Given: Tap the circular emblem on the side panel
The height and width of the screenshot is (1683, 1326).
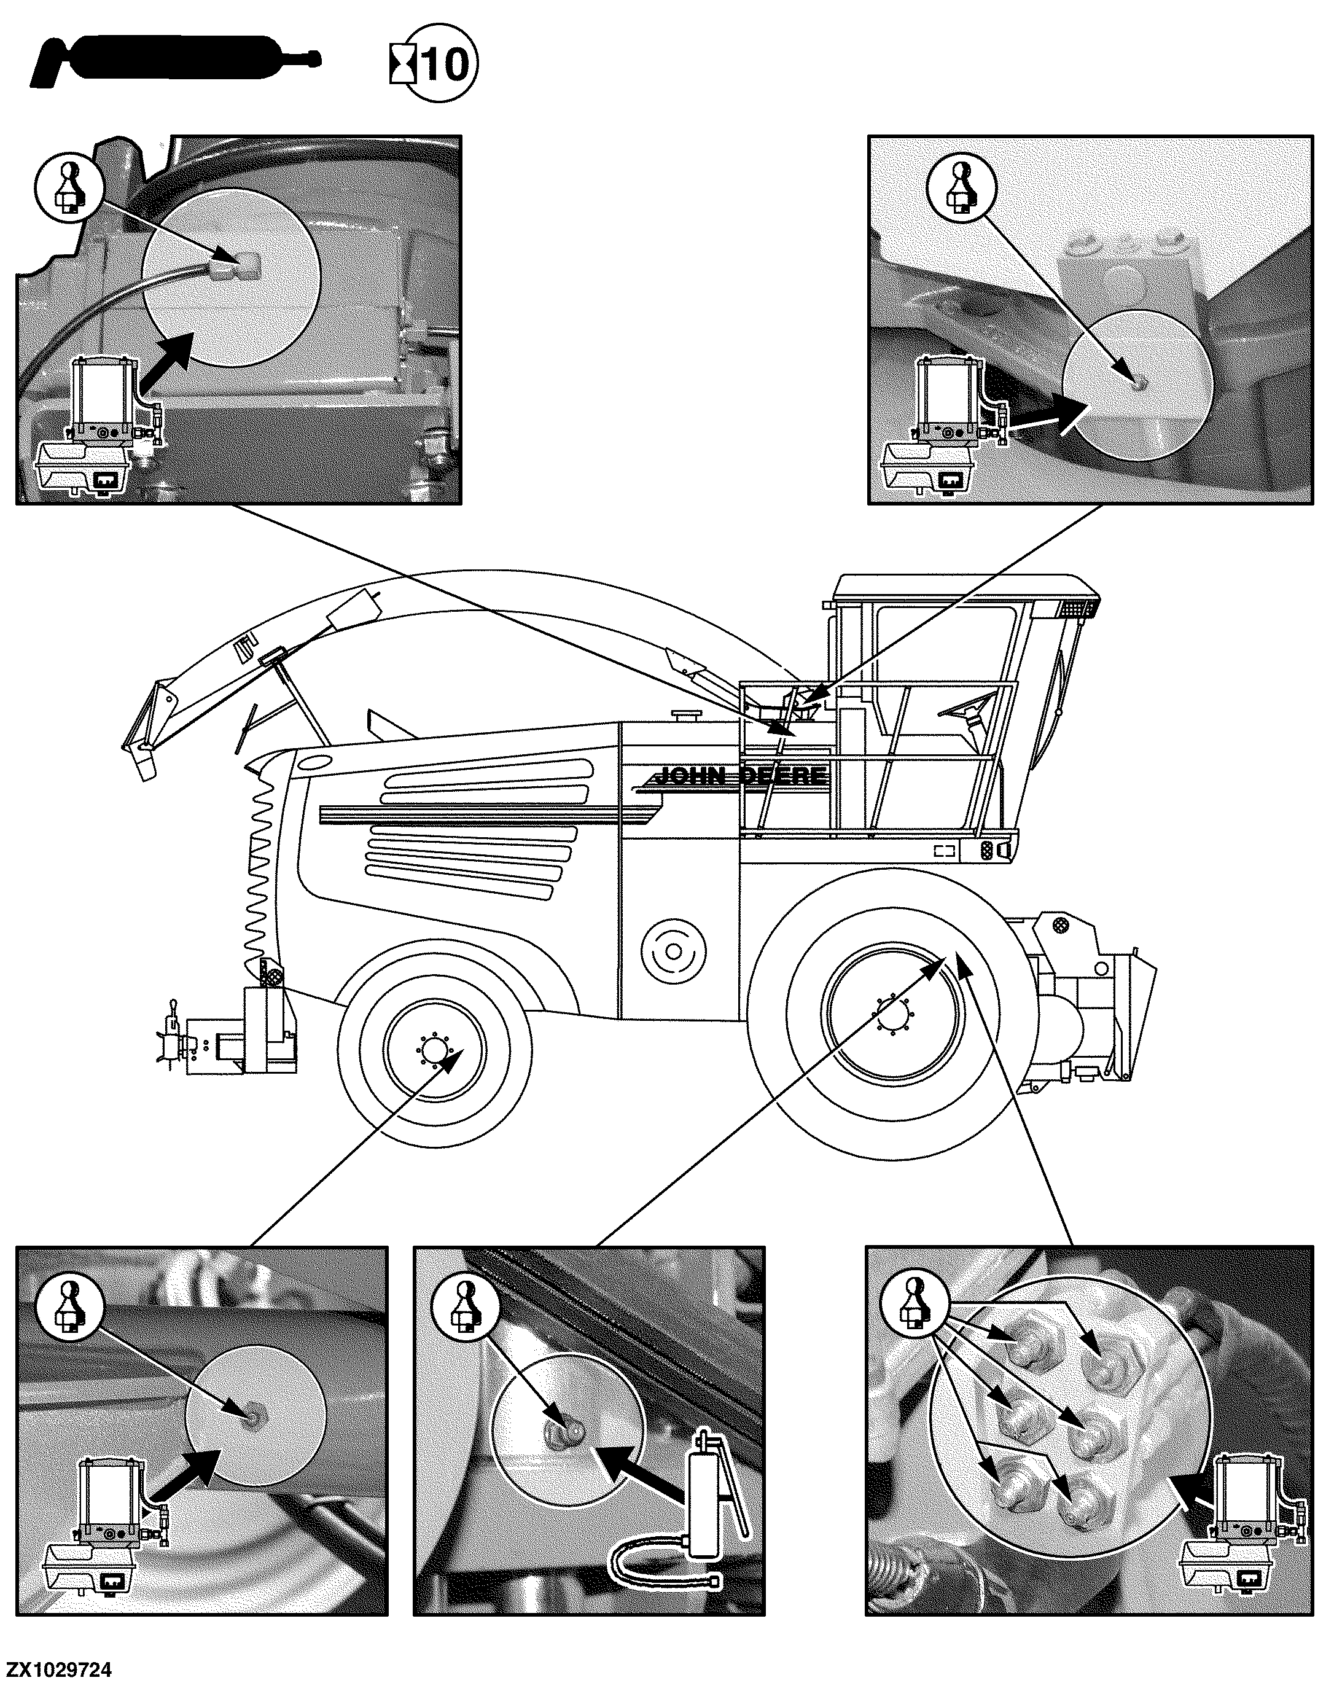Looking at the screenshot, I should point(673,951).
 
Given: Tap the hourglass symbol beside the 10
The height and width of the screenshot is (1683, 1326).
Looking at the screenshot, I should point(402,64).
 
